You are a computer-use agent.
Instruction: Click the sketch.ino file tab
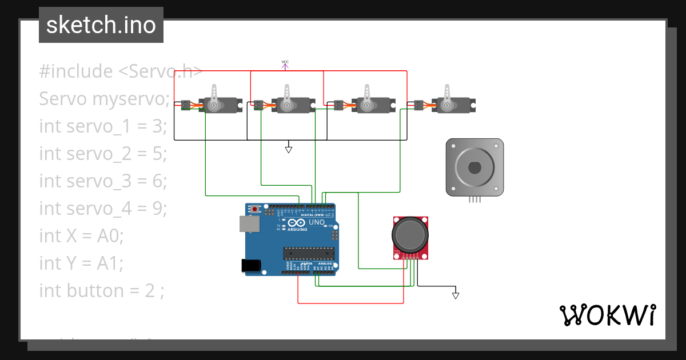(x=101, y=25)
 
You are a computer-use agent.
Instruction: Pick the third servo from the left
(x=372, y=103)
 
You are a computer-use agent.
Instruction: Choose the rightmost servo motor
(x=452, y=103)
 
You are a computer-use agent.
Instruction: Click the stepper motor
(x=474, y=168)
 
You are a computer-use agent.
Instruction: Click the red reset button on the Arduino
(x=255, y=208)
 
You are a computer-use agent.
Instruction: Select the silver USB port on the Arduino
(x=249, y=223)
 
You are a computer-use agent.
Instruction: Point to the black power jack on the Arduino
(x=252, y=265)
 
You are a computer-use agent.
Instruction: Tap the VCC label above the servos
(x=285, y=62)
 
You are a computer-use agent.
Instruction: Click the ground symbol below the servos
(x=289, y=149)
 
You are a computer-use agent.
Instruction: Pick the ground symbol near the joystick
(x=456, y=295)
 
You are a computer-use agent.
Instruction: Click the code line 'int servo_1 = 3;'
(x=103, y=126)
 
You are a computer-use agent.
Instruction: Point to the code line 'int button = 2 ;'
(x=102, y=290)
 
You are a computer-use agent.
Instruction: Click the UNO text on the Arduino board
(x=316, y=222)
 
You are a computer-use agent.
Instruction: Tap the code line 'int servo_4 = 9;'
(x=103, y=208)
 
